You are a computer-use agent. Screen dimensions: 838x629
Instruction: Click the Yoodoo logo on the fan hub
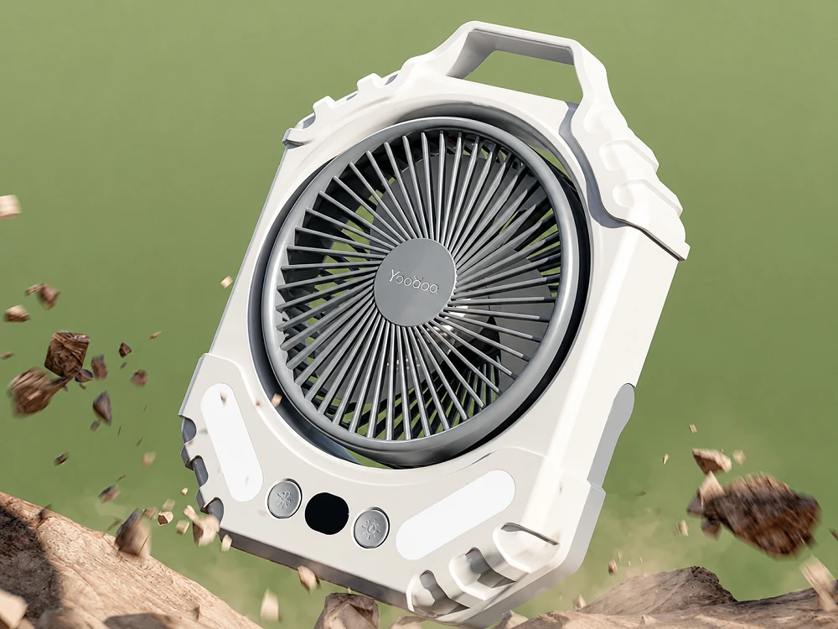point(413,281)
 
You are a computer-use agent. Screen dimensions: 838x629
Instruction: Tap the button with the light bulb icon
point(371,528)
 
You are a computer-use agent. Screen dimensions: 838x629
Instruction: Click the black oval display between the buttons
point(327,513)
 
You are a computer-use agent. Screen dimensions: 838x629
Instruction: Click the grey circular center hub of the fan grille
point(414,282)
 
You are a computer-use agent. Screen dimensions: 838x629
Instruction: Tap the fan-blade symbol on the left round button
point(284,499)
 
